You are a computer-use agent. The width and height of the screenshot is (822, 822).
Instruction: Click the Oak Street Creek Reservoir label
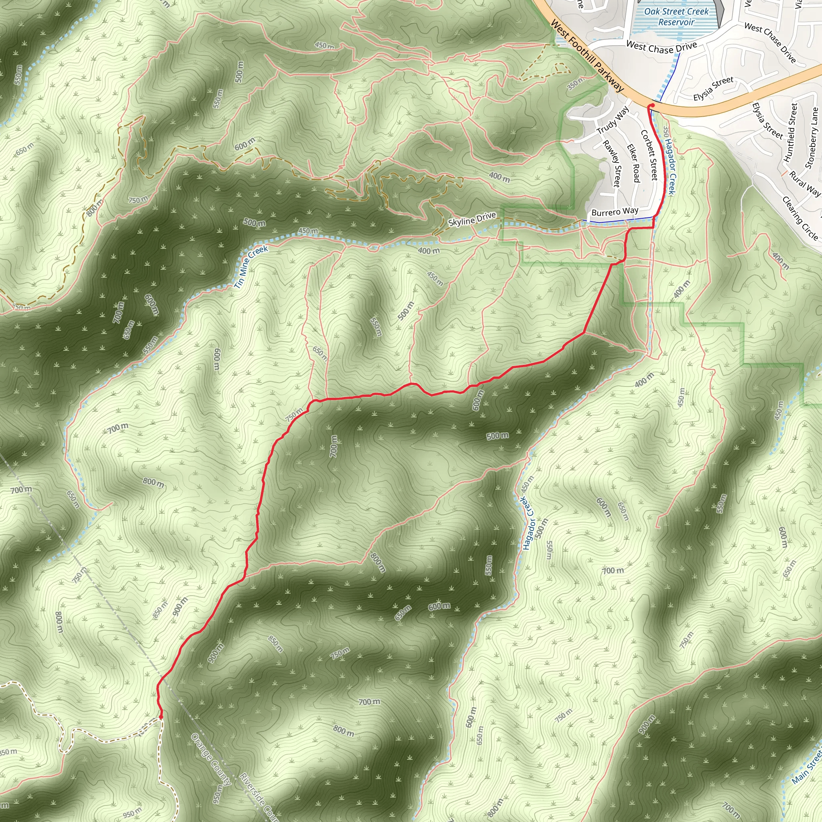point(676,17)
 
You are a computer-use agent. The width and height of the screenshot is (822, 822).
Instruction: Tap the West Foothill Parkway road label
point(587,56)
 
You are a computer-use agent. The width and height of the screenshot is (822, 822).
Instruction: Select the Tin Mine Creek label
point(251,267)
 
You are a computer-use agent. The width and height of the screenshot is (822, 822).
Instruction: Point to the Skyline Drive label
point(472,219)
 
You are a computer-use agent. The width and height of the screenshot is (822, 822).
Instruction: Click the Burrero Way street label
point(615,212)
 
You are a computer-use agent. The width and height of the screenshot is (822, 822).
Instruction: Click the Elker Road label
point(633,163)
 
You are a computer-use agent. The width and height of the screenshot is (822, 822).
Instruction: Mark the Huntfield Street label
point(791,132)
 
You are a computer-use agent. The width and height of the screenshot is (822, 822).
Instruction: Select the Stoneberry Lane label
point(812,137)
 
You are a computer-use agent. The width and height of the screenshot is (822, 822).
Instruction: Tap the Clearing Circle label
point(800,218)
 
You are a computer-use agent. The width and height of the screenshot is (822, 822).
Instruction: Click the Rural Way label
point(805,183)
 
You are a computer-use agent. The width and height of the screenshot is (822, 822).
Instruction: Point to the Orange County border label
point(212,759)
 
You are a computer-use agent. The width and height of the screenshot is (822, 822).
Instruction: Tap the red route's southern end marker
point(161,717)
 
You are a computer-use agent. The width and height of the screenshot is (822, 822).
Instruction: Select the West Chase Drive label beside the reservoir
point(661,47)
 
